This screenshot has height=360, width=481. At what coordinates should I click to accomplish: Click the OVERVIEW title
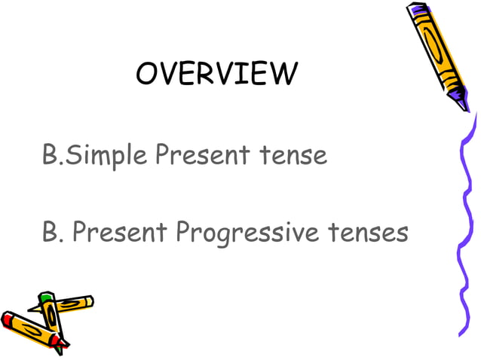point(217,74)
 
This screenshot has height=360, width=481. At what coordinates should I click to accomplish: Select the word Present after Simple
point(203,156)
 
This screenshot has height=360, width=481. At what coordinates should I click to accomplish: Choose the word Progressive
point(237,233)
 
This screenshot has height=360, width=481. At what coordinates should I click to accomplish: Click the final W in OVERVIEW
point(283,74)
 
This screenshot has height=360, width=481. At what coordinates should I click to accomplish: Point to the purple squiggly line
point(462,226)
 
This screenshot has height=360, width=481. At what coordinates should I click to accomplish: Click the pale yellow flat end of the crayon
point(89,301)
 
